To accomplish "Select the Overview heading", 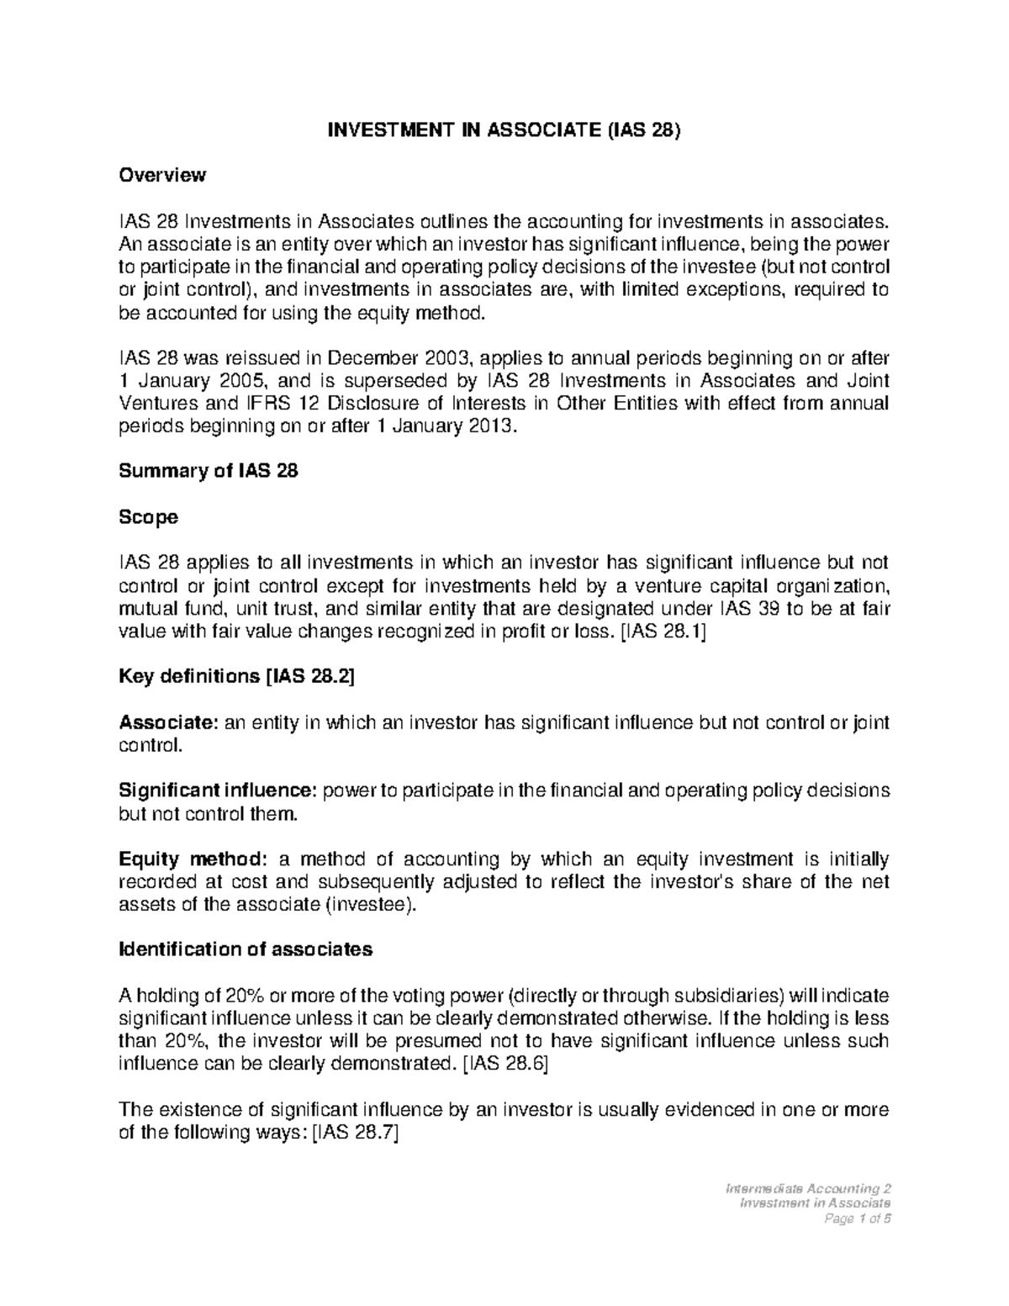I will tap(161, 175).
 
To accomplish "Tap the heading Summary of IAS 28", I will tap(209, 472).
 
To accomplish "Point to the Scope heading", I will tap(148, 517).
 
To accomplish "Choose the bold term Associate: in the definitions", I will tap(169, 722).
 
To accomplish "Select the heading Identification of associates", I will tap(246, 949).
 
